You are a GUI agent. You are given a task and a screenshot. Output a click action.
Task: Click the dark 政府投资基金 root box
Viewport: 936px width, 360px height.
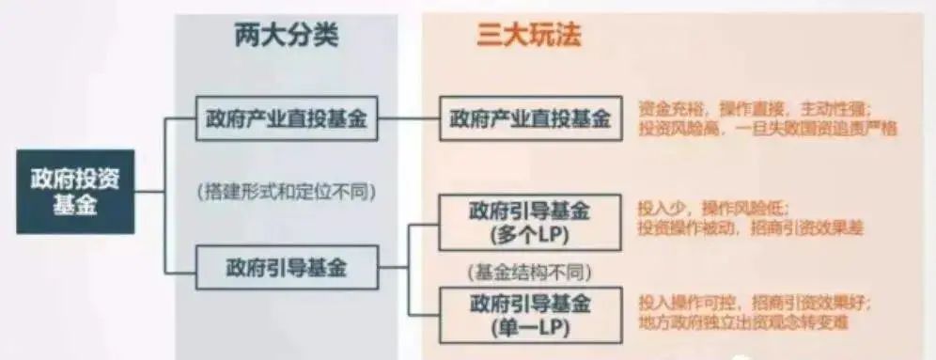coord(75,192)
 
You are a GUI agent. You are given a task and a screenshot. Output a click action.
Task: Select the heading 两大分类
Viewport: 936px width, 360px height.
coord(286,36)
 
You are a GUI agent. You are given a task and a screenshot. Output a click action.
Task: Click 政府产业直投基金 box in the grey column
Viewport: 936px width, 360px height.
coord(287,119)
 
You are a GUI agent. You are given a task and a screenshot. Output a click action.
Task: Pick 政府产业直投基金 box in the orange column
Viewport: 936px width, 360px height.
coord(530,119)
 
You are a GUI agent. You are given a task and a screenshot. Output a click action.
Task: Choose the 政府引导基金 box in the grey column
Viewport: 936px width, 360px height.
coord(287,267)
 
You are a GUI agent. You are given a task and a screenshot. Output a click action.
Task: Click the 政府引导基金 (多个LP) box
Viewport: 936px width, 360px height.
coord(530,222)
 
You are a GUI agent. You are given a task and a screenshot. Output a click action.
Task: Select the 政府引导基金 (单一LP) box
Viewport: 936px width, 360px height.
coord(530,316)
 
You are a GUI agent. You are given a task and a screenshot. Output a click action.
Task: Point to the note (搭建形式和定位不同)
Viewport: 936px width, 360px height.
coord(287,193)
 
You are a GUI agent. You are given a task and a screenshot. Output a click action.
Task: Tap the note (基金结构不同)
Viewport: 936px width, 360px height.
coord(530,272)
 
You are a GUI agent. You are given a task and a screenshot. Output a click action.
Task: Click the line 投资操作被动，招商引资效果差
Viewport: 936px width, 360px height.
coord(750,228)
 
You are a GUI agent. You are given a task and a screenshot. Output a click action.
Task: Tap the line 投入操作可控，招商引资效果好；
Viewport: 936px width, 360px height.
coord(755,303)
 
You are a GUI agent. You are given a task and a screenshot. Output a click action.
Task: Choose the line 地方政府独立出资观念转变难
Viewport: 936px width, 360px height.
coord(742,324)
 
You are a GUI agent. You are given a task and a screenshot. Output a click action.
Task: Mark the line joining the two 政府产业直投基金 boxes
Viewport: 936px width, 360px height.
coord(409,119)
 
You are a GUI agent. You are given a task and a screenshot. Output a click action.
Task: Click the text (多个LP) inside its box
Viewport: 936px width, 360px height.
coord(530,233)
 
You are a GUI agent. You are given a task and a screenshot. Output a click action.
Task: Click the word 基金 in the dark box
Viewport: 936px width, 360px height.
coord(75,206)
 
